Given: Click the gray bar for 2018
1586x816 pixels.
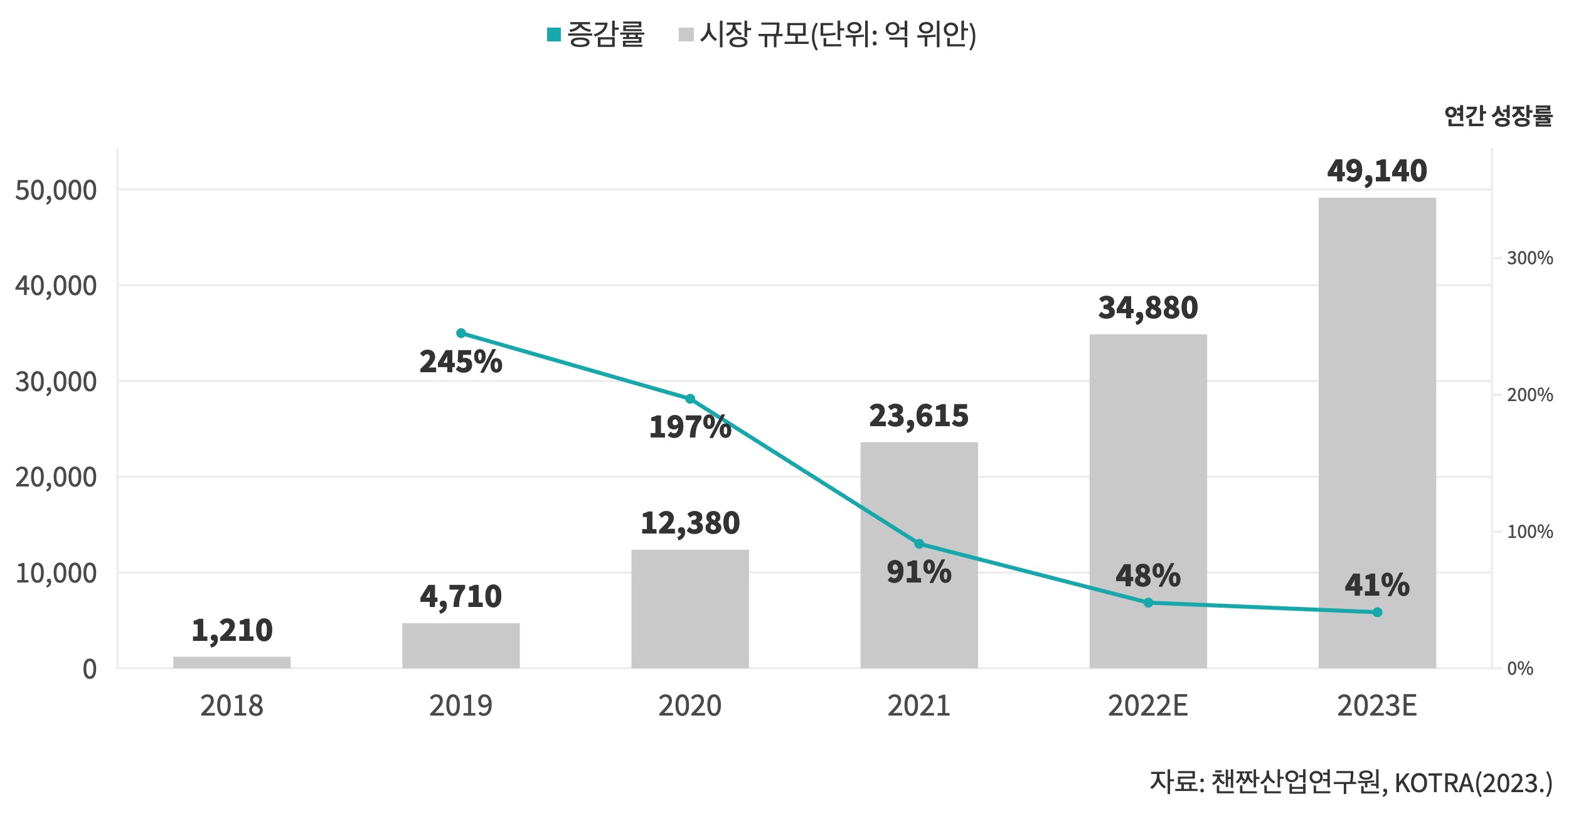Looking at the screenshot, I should pos(232,662).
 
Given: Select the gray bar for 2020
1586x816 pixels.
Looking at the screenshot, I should pos(689,608).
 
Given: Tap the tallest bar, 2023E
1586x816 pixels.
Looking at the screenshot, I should pos(1377,432).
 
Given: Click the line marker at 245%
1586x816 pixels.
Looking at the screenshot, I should pos(461,333).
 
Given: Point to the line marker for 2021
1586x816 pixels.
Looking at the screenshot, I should pos(919,544).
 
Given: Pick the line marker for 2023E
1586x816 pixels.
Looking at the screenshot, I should pos(1377,612).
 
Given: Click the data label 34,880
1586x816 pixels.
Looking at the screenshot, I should pos(1148,308).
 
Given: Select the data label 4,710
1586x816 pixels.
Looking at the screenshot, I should pos(461,596).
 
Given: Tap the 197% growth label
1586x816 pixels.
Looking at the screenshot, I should pos(689,427).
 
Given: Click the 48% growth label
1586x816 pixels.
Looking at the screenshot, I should pos(1148,576).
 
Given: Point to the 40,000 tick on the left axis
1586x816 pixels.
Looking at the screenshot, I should pos(56,286).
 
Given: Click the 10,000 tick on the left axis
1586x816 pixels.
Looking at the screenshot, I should pos(56,573).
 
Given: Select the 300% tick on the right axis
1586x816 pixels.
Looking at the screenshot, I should pos(1530,258).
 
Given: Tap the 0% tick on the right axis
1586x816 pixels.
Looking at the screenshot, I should pos(1519,668).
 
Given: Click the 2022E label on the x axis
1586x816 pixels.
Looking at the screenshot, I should pos(1147,706).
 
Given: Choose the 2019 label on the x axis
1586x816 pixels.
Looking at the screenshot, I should pos(461,706).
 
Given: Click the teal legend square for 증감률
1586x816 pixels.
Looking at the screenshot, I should pos(553,35).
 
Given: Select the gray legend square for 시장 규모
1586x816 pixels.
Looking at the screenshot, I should pos(686,35).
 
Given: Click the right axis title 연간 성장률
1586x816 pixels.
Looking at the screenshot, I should pos(1498,116).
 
